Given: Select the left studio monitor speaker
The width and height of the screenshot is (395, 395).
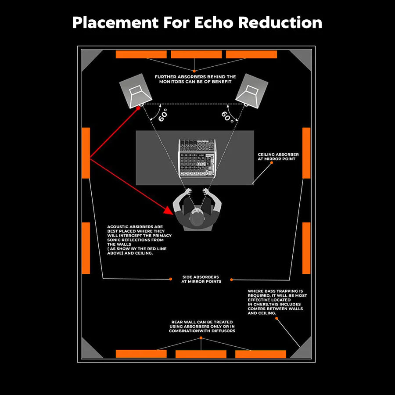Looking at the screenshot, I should click(136, 91).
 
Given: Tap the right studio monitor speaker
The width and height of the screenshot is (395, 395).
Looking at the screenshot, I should click(251, 91).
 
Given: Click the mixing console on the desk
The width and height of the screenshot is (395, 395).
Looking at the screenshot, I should click(197, 158).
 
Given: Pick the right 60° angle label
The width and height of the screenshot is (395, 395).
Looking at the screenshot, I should click(228, 116).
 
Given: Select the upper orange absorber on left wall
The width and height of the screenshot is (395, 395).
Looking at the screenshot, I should click(86, 153).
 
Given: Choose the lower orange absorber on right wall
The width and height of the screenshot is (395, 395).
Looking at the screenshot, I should click(306, 248).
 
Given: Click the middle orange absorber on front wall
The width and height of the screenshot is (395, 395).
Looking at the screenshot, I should click(196, 54).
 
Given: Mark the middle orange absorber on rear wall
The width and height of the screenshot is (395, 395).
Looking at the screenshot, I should click(201, 354).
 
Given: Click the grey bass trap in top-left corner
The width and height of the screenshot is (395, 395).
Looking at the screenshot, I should click(90, 59).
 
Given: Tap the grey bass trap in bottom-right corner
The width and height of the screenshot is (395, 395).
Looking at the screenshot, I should click(303, 350).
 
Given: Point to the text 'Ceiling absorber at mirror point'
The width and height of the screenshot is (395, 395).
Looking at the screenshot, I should click(278, 157).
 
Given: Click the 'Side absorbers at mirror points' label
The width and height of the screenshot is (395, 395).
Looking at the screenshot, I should click(201, 279).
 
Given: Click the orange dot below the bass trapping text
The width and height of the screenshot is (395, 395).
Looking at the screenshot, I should click(276, 318).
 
